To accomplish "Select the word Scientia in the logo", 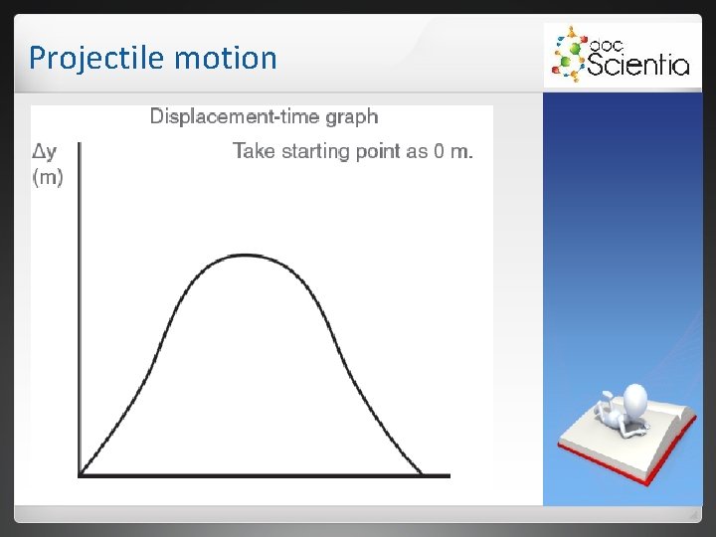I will [637, 66].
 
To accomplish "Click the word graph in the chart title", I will [351, 117].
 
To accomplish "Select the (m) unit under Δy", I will [47, 178].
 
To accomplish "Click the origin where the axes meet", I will [80, 474].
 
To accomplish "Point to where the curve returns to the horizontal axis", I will [421, 473].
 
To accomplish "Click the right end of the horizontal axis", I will [448, 474].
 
